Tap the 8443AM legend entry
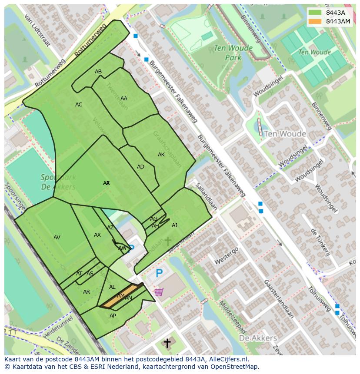pyautogui.click(x=330, y=21)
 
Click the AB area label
pyautogui.click(x=98, y=72)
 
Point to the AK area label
pyautogui.click(x=161, y=155)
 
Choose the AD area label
pyautogui.click(x=140, y=167)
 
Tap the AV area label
pyautogui.click(x=57, y=238)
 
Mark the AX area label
pyautogui.click(x=97, y=235)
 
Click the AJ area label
pyautogui.click(x=174, y=225)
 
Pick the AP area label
pyautogui.click(x=113, y=316)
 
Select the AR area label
pyautogui.click(x=87, y=292)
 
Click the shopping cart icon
pyautogui.click(x=159, y=292)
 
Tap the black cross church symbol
pyautogui.click(x=167, y=343)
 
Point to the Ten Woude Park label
pyautogui.click(x=227, y=53)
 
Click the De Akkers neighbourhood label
pyautogui.click(x=258, y=338)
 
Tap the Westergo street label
pyautogui.click(x=227, y=256)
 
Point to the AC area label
pyautogui.click(x=79, y=105)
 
